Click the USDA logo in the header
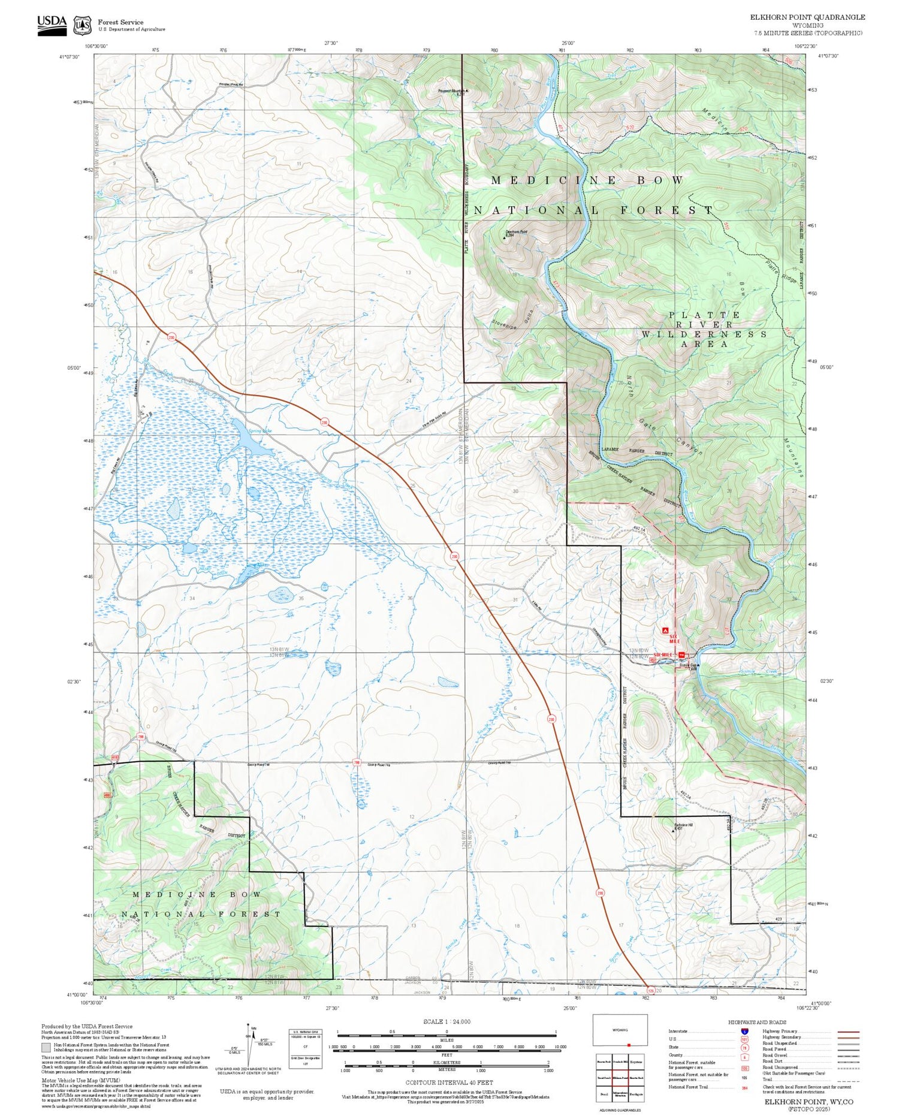coord(52,25)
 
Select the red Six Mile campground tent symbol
coord(665,631)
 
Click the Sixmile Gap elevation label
coord(688,666)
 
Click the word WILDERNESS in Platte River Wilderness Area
coord(704,334)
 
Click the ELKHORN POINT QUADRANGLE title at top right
coord(807,17)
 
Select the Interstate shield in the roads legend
coord(745,1030)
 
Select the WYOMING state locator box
coord(620,1030)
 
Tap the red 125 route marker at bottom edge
coord(651,991)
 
